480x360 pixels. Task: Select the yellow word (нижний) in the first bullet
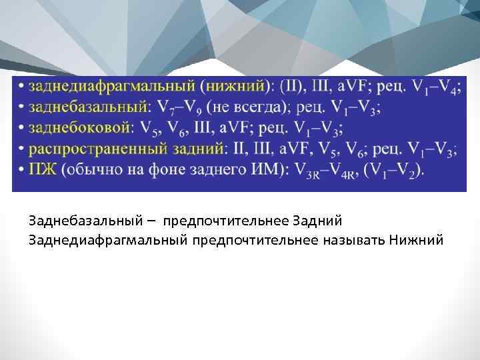(x=235, y=87)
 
